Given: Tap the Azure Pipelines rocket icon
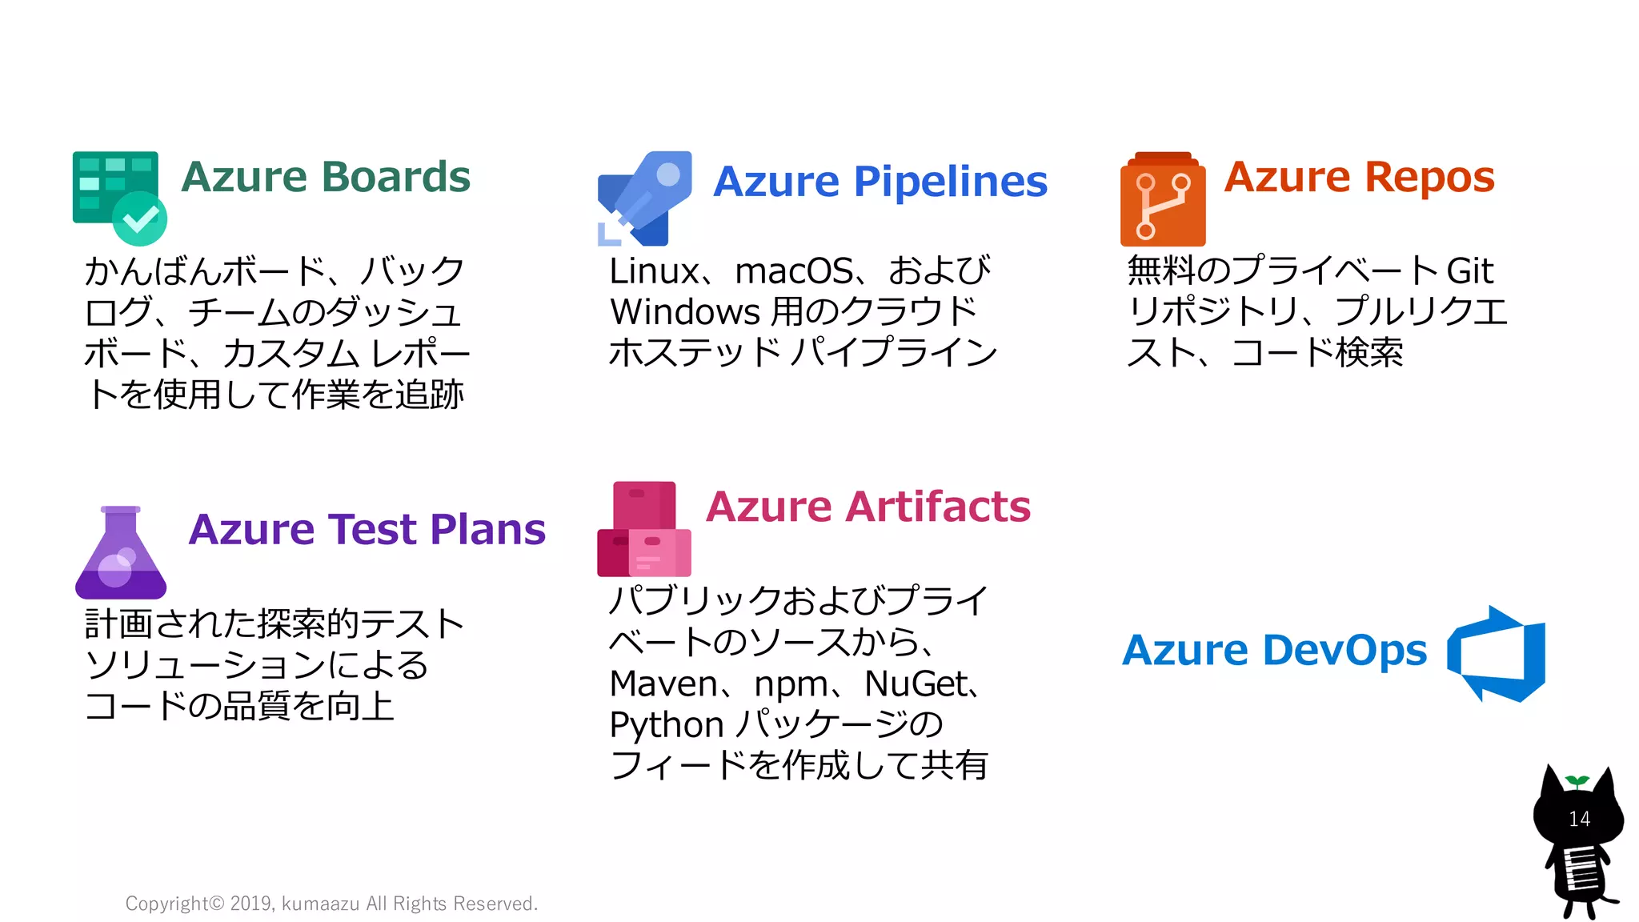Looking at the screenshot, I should pos(644,198).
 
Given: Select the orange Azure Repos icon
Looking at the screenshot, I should pos(1163,199).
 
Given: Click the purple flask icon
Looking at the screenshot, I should pos(121,553).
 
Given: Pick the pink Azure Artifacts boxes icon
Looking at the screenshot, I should pos(644,529).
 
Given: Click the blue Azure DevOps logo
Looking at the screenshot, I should pos(1497,653).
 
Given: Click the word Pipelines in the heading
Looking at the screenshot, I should pos(950,182).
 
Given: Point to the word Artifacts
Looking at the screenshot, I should pos(938,507).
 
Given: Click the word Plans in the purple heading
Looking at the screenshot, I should pos(487,529).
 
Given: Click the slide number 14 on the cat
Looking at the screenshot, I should pos(1579,819).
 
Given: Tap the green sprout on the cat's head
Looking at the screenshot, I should pos(1577,780).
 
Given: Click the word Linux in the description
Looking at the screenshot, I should pos(654,271).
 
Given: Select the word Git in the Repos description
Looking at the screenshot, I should pos(1469,271).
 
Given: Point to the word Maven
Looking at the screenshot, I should pos(663,684).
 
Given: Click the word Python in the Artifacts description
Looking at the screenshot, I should pos(666,725).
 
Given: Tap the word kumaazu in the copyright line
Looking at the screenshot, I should pos(320,904).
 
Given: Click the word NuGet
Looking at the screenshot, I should pos(916,684).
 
